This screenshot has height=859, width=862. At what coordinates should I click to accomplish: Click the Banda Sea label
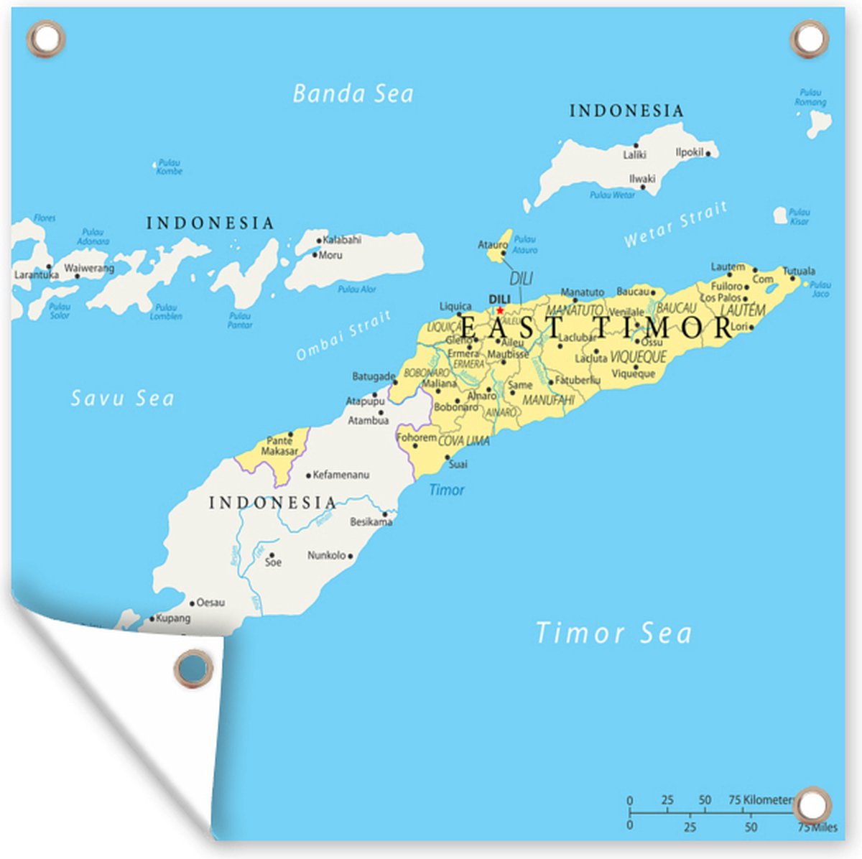coord(353,93)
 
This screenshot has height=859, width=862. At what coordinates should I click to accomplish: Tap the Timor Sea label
coord(613,633)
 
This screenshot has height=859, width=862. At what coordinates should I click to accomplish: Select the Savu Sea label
coord(122,398)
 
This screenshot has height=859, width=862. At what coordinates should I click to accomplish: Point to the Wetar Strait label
coord(675,225)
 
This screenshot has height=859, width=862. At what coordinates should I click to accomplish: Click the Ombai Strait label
coord(344,335)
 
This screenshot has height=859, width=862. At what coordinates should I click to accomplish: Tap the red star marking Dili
coord(500,310)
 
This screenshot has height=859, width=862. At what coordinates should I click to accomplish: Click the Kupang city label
coord(173,618)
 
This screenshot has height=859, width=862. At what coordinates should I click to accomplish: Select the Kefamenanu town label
coord(342,475)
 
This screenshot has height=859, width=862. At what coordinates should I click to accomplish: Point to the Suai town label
coord(458,464)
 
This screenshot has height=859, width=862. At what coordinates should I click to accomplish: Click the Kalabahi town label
coord(342,239)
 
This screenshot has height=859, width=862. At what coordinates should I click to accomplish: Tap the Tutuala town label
coord(799,271)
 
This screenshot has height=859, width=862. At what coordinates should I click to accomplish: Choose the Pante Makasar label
coord(279,446)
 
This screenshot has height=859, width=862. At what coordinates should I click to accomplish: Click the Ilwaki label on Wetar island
coord(642,179)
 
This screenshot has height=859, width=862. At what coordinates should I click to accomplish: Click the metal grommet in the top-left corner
coord(47,37)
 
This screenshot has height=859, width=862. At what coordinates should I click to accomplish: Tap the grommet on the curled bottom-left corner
coord(194,669)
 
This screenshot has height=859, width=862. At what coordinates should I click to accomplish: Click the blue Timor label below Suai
coord(446,490)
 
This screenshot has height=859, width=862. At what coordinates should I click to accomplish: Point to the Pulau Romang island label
coord(810,98)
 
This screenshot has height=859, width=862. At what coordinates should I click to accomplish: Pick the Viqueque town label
coord(634,373)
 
